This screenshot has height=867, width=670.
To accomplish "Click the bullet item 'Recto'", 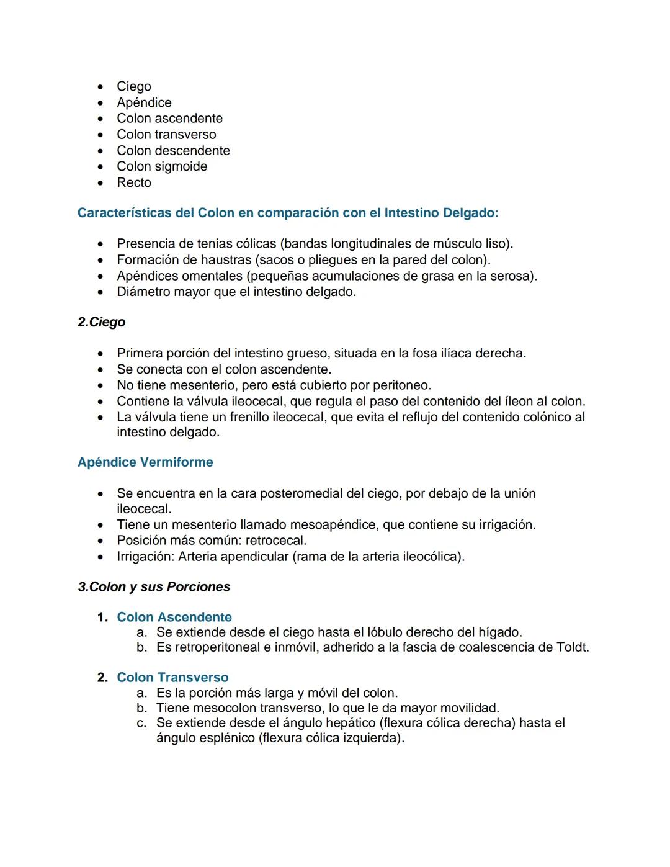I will (x=134, y=182).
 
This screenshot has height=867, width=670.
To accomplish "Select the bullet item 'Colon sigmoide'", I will (x=162, y=166).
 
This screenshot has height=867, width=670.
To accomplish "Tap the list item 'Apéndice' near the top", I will (x=144, y=102).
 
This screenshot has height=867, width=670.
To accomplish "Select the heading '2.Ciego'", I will (x=101, y=322).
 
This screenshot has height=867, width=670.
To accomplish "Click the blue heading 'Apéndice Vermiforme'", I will (x=145, y=462).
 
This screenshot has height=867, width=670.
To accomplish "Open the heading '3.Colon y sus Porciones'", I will (x=154, y=587).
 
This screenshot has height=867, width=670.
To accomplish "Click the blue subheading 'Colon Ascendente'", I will (x=174, y=618).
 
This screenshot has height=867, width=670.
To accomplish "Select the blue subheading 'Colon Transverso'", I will (x=172, y=678).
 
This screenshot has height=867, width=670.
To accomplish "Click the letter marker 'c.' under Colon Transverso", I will (x=142, y=723).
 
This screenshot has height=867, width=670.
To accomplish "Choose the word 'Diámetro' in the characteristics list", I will (x=144, y=292).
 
